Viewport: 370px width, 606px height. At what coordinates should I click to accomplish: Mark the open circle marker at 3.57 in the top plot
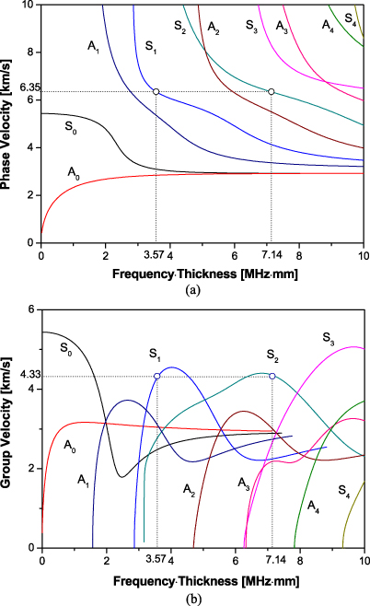tap(156, 92)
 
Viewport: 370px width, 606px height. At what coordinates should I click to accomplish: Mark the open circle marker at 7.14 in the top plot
tap(272, 92)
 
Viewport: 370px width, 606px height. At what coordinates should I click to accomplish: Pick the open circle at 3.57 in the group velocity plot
tap(157, 376)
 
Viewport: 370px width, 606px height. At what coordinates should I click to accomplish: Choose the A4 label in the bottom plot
tap(313, 506)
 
